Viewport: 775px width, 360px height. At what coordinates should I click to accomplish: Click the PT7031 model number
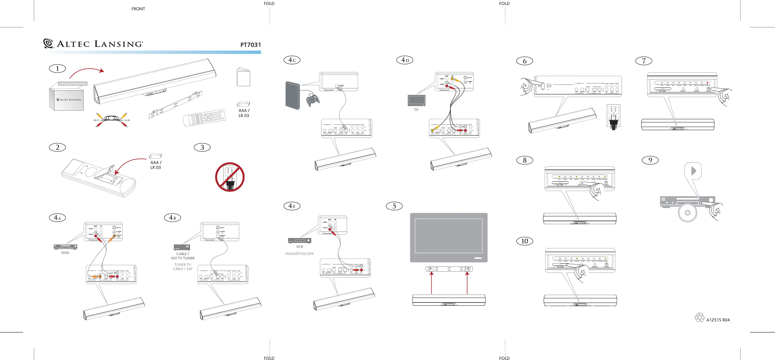click(250, 45)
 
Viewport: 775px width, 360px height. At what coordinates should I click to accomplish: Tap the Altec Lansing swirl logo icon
click(48, 43)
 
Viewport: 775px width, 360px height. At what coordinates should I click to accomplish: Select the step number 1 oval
click(57, 69)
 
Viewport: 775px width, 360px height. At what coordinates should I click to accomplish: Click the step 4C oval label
click(292, 60)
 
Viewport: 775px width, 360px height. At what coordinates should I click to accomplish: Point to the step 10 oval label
click(524, 241)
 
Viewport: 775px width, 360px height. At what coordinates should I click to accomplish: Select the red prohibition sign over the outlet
click(230, 177)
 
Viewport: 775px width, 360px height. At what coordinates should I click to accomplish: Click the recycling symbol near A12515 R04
click(700, 318)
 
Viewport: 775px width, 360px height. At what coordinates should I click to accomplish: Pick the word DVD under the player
click(65, 253)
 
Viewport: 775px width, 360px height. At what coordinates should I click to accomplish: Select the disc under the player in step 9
click(688, 212)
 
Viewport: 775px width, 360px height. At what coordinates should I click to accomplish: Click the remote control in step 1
click(204, 117)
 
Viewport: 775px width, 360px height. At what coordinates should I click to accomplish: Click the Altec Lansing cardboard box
click(67, 97)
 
